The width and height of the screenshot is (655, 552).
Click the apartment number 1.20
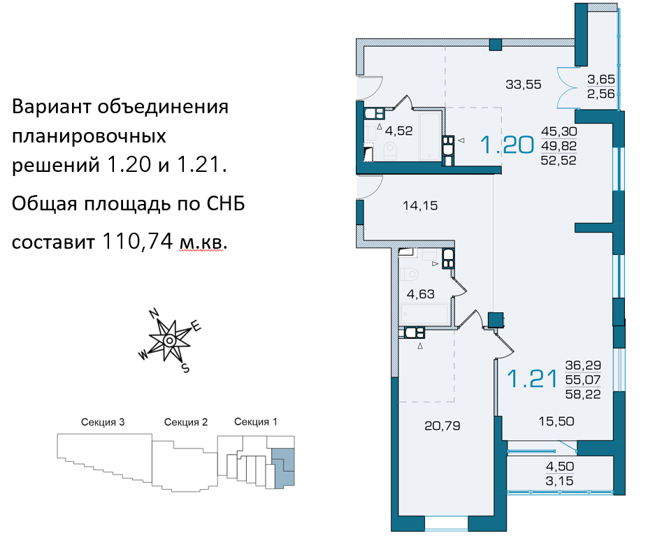click(507, 145)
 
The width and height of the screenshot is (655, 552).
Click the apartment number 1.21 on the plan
click(532, 379)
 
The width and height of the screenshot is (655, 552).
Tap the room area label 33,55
click(524, 85)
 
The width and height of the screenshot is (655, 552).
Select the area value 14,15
click(420, 205)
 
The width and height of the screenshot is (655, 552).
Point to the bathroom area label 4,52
click(398, 131)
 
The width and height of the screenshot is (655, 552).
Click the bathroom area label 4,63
click(421, 294)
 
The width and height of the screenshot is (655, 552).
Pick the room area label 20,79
click(442, 426)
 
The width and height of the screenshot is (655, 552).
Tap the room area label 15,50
click(556, 421)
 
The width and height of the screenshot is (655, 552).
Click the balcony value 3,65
click(601, 79)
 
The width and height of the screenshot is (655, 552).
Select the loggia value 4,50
click(560, 466)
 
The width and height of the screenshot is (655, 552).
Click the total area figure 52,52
click(559, 160)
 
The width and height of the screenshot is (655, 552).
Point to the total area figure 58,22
click(583, 394)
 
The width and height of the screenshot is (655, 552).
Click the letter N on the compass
click(154, 313)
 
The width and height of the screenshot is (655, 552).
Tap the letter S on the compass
click(185, 368)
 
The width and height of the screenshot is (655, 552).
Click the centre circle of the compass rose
click(169, 341)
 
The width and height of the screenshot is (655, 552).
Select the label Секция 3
click(103, 422)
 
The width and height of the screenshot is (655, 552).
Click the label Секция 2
click(186, 422)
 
